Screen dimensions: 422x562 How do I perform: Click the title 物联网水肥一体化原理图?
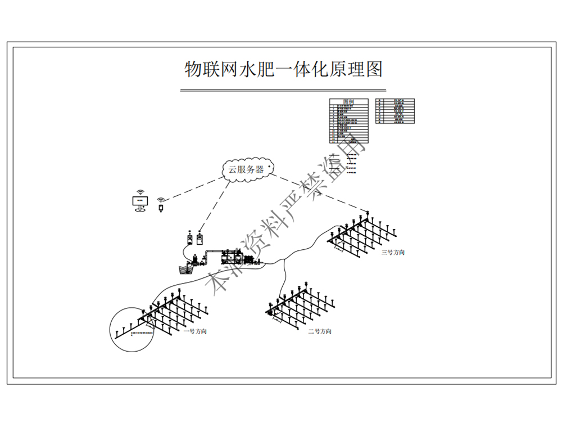click(283, 69)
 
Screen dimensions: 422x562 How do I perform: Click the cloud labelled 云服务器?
click(246, 169)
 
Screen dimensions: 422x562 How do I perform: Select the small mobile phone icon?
click(161, 208)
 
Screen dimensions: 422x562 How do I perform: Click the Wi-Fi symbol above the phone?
click(161, 200)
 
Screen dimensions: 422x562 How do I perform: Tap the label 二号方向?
click(319, 331)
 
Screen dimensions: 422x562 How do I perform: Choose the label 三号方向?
click(393, 253)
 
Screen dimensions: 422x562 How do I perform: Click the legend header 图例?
click(348, 102)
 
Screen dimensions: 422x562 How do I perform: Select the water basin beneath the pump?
click(187, 268)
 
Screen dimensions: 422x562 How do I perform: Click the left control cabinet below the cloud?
click(190, 240)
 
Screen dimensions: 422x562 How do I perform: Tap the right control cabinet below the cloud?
click(200, 240)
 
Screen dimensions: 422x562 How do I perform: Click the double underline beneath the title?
click(283, 90)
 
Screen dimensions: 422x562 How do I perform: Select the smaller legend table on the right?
click(395, 111)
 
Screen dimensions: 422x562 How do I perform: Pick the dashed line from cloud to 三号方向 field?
click(320, 194)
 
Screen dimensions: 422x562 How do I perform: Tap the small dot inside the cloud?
click(269, 167)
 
